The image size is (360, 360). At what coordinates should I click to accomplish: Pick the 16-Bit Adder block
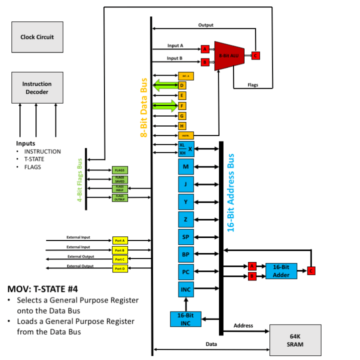281,270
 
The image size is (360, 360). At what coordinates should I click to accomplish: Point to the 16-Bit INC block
185,319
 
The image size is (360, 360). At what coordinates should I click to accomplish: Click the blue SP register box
185,236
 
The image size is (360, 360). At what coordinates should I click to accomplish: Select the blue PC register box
185,271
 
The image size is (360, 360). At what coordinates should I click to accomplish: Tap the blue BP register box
185,254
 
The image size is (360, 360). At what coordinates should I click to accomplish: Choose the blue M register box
185,166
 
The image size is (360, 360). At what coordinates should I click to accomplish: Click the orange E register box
182,95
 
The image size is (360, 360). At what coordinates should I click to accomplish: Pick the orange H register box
182,125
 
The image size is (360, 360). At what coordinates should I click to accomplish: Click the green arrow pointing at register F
164,105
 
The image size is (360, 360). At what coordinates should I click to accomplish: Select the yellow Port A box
120,240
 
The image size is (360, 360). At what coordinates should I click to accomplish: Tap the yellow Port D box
120,268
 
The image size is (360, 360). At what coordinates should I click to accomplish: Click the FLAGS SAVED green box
120,179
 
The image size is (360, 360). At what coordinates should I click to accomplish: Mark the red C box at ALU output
255,55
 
